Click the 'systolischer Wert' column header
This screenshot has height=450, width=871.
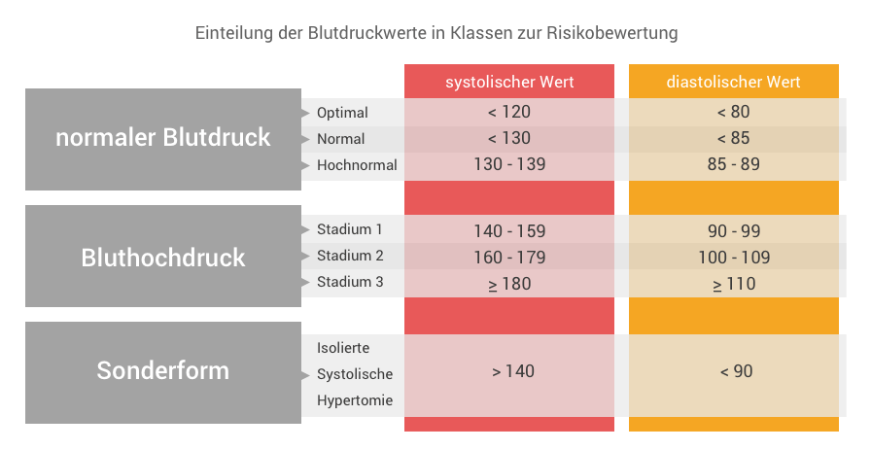coord(509,82)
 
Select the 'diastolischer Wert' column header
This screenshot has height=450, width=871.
coord(733,82)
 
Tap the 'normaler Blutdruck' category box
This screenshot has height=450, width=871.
coord(163,139)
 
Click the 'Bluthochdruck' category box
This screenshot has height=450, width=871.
coord(163,257)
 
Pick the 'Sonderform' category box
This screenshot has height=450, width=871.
coord(163,372)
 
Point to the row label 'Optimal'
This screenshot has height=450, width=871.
coord(342,113)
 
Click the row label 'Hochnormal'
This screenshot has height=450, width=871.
coord(357,165)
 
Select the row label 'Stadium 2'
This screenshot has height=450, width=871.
coord(350,256)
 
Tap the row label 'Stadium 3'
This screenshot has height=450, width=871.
coord(350,282)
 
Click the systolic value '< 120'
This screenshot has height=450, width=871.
coord(509,112)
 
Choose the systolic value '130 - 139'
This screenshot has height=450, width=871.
coord(509,164)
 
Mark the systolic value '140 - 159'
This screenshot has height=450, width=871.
coord(509,231)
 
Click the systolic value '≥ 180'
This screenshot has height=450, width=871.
coord(509,284)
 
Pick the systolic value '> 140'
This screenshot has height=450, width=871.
coord(513,371)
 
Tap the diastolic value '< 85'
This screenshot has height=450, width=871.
coord(733,138)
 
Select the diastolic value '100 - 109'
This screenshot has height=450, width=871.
coord(734,258)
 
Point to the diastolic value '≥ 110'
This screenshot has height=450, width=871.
coord(734,284)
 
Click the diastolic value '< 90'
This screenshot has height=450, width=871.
coord(736,371)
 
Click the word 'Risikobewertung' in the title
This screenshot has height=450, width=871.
coord(612,33)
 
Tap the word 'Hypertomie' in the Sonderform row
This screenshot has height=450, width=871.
coord(355,400)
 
